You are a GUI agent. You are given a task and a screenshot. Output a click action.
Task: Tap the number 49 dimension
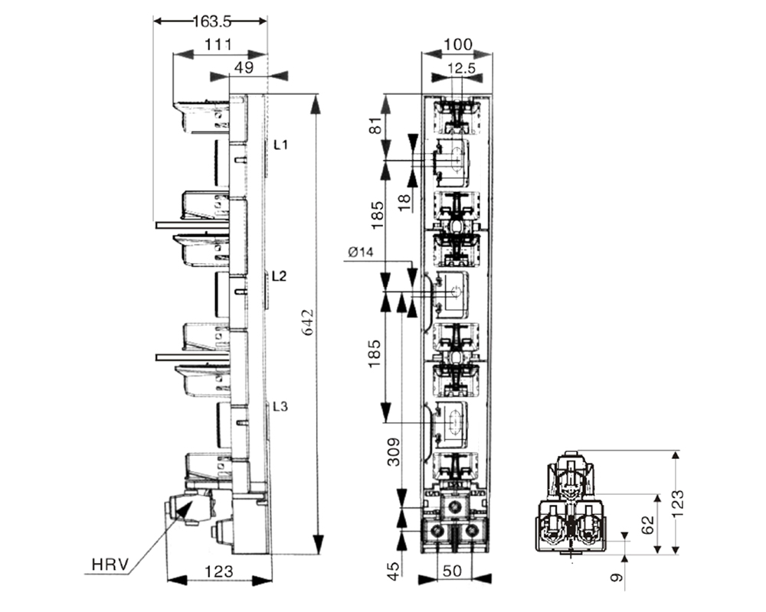pos(244,67)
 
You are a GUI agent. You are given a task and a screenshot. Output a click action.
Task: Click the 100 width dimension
pos(457,44)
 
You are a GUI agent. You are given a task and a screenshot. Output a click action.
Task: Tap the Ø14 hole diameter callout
pos(359,252)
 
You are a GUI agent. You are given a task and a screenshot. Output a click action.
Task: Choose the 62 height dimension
pos(647,524)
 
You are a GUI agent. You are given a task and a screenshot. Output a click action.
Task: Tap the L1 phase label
pos(280,145)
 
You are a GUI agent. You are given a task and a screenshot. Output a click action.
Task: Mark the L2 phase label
pos(280,276)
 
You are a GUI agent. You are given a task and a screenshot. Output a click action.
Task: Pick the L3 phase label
pos(280,407)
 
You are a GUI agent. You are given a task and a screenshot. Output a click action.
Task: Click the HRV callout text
pos(109,566)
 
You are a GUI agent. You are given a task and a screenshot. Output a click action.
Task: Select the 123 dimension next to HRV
pos(219,571)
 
